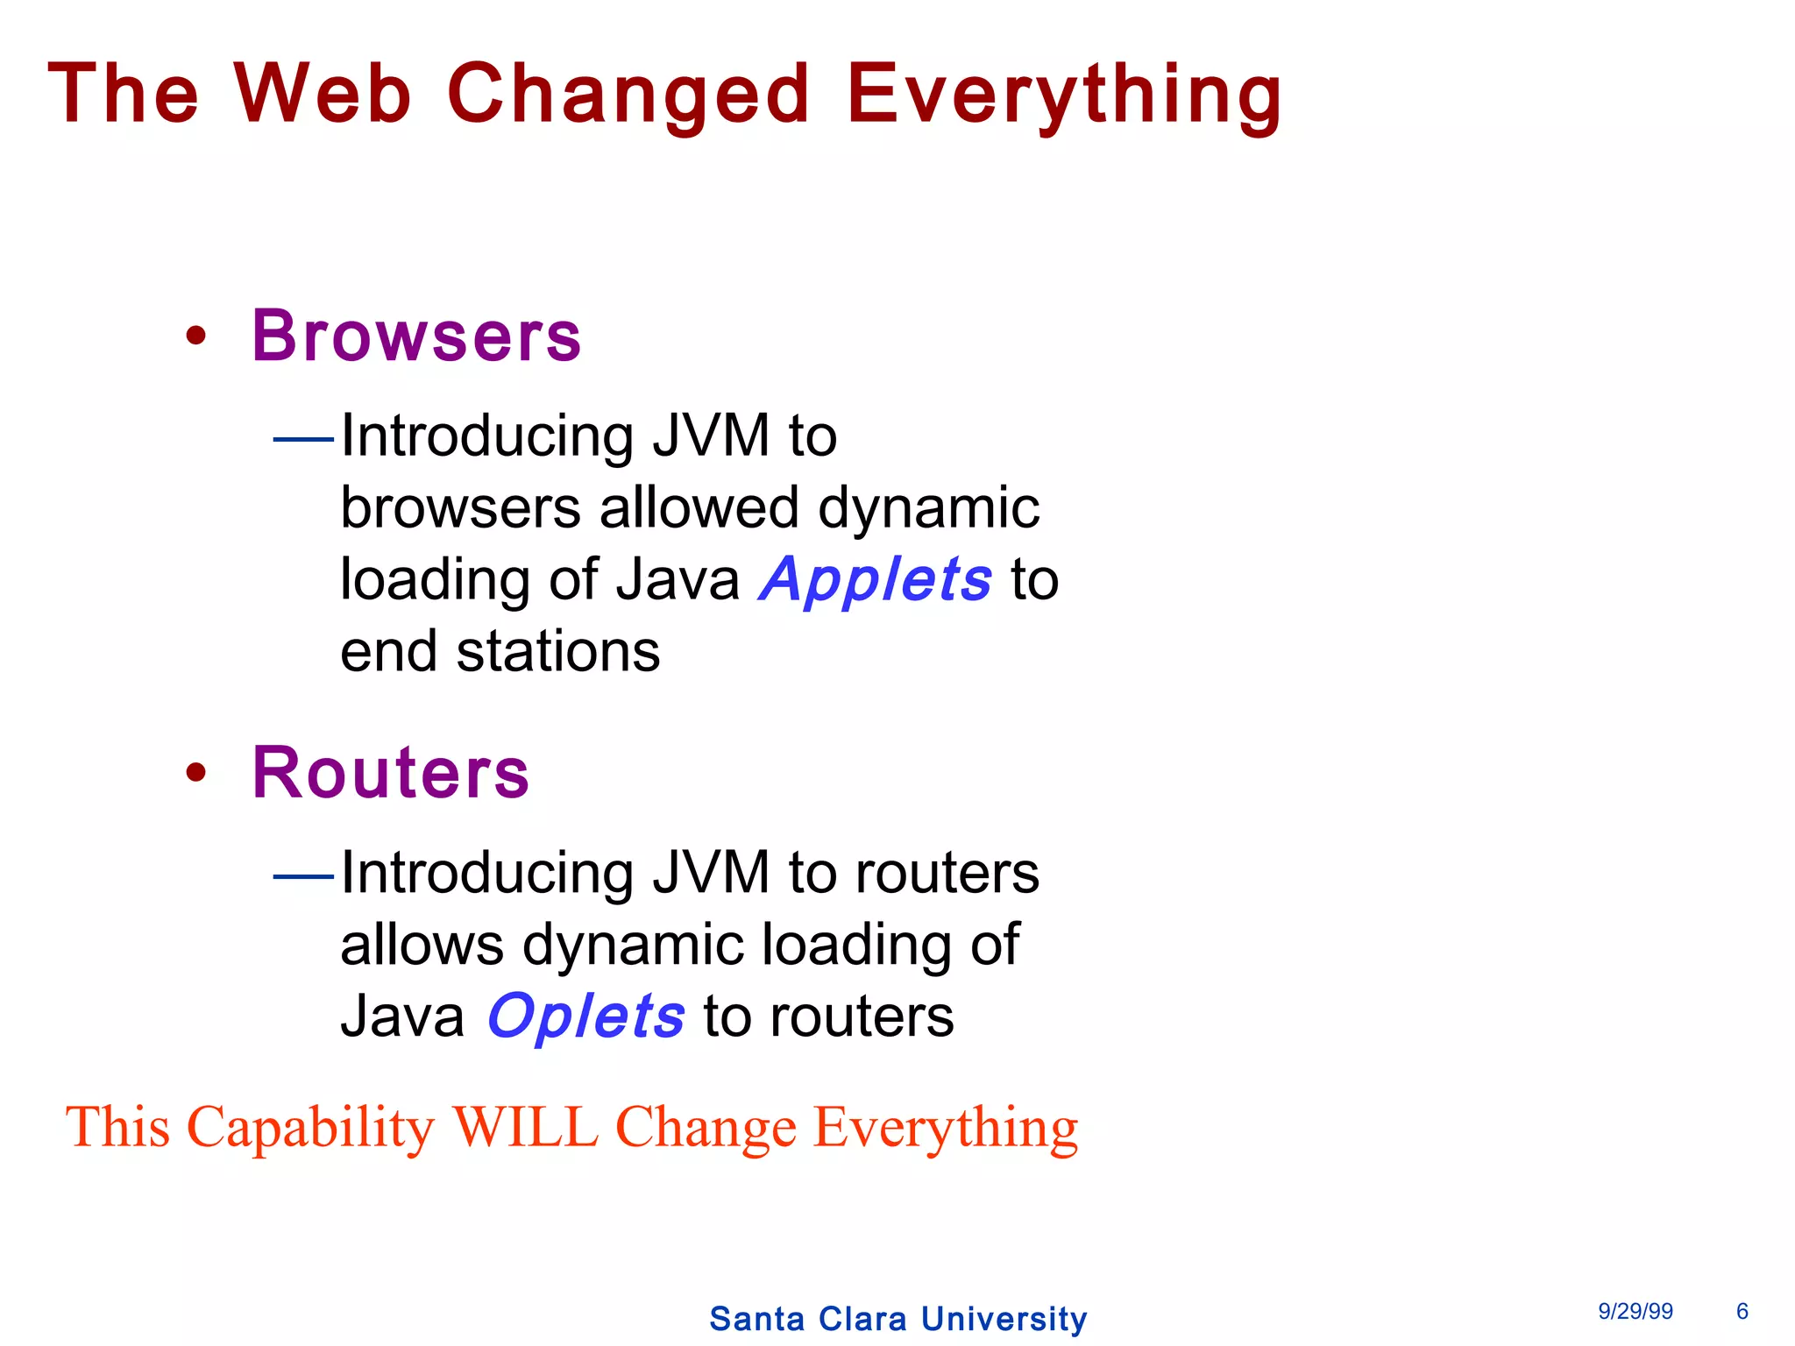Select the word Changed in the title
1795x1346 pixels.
pos(628,95)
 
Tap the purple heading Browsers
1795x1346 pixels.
pos(416,336)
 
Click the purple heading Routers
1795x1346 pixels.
pos(391,772)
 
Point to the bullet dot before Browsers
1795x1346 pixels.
pos(196,336)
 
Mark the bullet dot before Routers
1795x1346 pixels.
pos(196,772)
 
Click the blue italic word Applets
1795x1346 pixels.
pos(876,580)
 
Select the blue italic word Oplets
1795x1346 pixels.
pos(585,1017)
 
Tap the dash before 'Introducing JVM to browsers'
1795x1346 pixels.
pos(303,437)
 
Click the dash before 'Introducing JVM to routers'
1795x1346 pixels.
pos(303,875)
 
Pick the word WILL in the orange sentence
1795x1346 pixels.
pos(525,1127)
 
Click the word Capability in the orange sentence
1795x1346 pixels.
pos(310,1129)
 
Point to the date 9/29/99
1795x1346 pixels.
pos(1635,1311)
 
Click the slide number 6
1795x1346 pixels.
pos(1742,1311)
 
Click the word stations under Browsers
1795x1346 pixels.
pos(558,652)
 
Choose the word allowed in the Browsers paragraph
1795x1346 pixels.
pos(699,508)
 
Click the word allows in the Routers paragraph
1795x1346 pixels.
pos(422,945)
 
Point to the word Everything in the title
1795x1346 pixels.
pos(1064,95)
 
